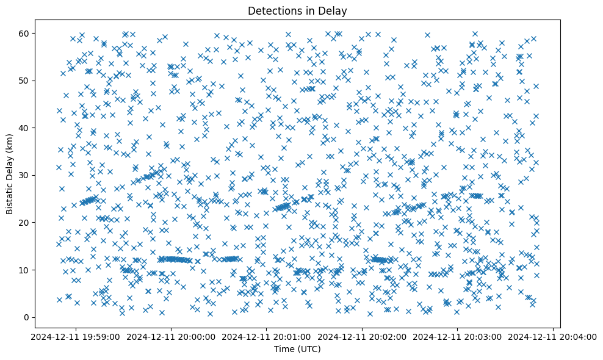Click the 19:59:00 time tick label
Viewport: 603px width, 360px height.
click(x=76, y=336)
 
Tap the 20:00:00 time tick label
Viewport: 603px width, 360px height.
click(x=172, y=336)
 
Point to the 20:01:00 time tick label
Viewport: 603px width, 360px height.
click(x=267, y=336)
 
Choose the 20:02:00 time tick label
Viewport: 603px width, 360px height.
click(x=363, y=336)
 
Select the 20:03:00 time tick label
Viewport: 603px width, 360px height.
click(x=458, y=336)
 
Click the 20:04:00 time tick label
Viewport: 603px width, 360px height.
click(x=554, y=336)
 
